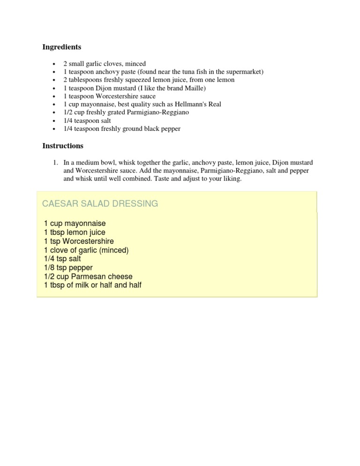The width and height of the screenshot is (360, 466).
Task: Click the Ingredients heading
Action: click(61, 47)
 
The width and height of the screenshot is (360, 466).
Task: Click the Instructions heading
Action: click(63, 146)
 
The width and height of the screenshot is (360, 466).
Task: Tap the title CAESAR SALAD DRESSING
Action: click(100, 203)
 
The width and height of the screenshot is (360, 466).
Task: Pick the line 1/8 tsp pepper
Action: click(68, 268)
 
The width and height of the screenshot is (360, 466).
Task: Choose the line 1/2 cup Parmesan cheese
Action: click(88, 277)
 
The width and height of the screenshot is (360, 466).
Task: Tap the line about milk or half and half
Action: click(92, 285)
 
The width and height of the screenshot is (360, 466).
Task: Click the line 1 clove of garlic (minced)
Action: click(86, 250)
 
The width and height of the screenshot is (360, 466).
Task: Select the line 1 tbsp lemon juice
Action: click(75, 233)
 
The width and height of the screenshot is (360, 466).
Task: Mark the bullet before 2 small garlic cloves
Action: click(55, 64)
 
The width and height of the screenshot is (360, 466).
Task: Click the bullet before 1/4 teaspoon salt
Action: click(55, 121)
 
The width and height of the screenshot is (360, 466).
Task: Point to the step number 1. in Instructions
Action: click(55, 163)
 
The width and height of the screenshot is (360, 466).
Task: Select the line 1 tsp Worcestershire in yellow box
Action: click(78, 241)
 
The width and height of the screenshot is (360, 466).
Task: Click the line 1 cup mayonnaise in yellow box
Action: click(75, 224)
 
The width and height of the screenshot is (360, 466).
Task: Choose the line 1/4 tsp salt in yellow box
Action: click(62, 259)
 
